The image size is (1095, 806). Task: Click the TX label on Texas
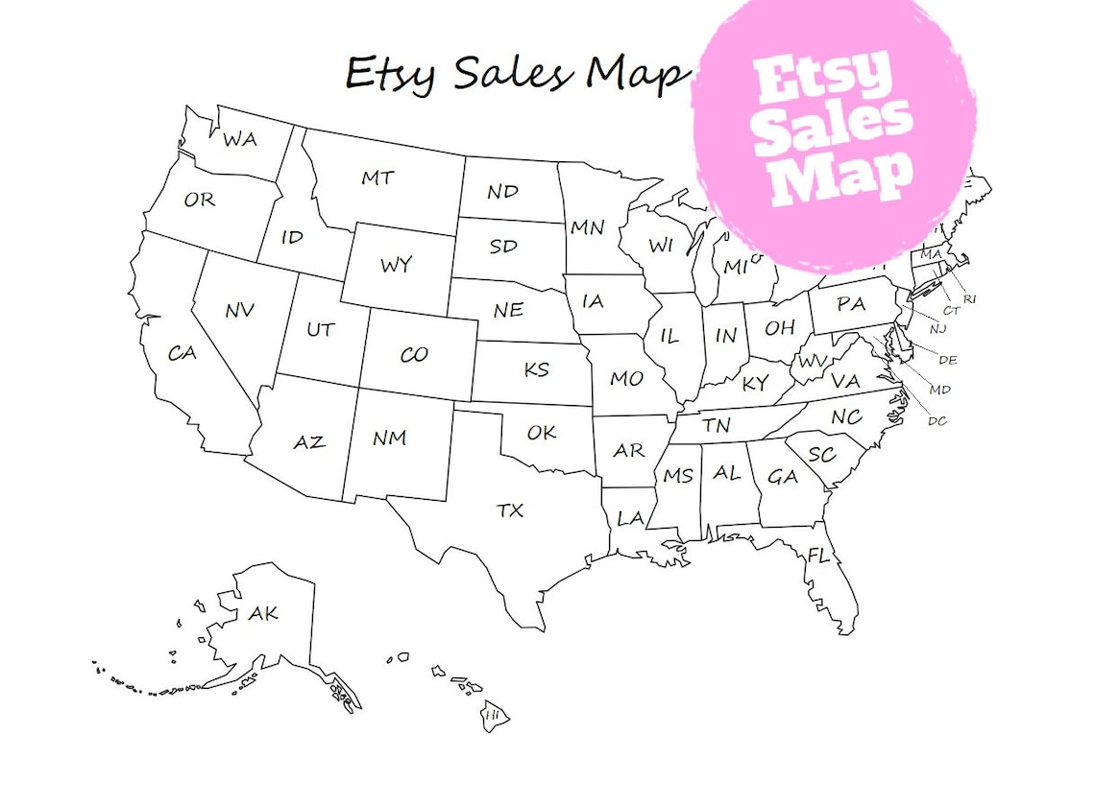click(510, 510)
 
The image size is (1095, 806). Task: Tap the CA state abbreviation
click(182, 353)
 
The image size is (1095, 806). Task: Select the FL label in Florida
click(818, 556)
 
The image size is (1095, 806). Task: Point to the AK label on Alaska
click(262, 613)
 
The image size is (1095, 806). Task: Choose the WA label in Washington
click(239, 140)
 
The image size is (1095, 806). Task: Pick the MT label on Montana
click(377, 178)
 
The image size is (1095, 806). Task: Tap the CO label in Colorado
click(413, 355)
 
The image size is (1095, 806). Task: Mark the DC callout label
click(937, 420)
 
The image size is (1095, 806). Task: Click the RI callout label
click(970, 299)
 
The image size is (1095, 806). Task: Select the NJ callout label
click(937, 329)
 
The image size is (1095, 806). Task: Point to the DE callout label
click(947, 360)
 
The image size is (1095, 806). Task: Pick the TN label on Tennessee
click(715, 425)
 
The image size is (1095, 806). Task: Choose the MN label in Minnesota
click(587, 228)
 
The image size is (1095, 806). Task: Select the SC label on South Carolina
click(821, 455)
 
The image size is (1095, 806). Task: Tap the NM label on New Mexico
click(389, 439)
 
